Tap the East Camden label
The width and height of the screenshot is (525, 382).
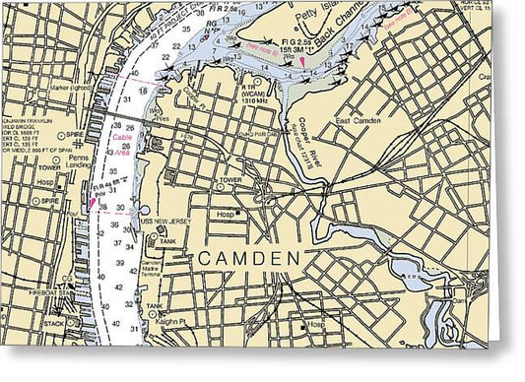coord(356,120)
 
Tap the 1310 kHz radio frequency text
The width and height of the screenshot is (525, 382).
coord(253,100)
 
